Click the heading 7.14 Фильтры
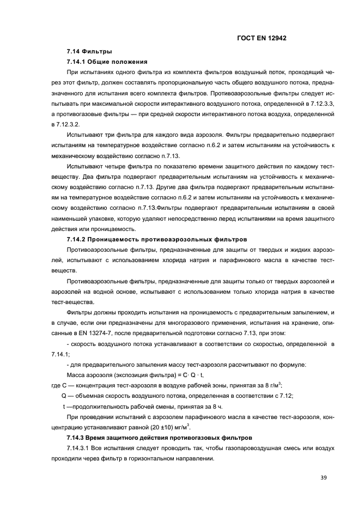86,52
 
